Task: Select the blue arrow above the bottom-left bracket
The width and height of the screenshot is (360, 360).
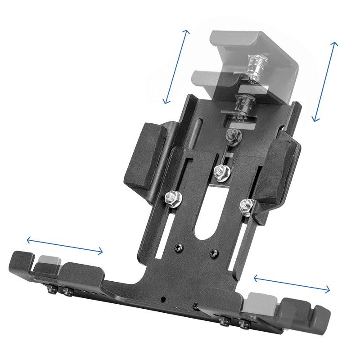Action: (x=65, y=246)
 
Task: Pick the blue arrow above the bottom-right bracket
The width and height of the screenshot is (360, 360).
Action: (x=292, y=284)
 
